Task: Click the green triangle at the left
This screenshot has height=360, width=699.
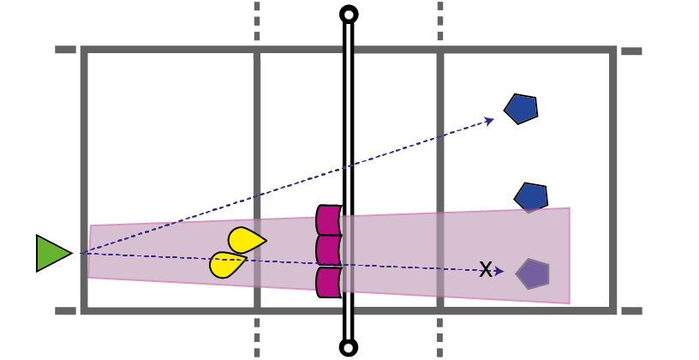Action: pos(51,254)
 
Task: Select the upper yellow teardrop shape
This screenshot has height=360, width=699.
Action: pos(246,240)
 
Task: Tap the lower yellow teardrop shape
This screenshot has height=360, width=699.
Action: pos(227,264)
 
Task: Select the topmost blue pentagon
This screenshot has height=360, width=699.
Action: pos(521,109)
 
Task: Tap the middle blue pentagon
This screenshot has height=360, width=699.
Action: pos(531,197)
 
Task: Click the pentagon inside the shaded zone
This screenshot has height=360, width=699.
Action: pos(533,273)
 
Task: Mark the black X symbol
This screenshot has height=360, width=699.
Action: pos(486,270)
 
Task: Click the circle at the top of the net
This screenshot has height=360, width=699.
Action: pos(349,14)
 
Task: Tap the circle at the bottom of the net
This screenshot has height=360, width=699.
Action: pos(349,347)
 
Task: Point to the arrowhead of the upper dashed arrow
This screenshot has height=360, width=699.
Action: pos(490,119)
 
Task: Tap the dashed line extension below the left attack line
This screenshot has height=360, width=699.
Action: pos(257,337)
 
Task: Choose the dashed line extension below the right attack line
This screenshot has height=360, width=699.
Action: pos(440,337)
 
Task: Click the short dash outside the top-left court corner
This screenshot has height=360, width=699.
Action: pos(65,50)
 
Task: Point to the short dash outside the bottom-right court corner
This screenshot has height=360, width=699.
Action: pos(631,310)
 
